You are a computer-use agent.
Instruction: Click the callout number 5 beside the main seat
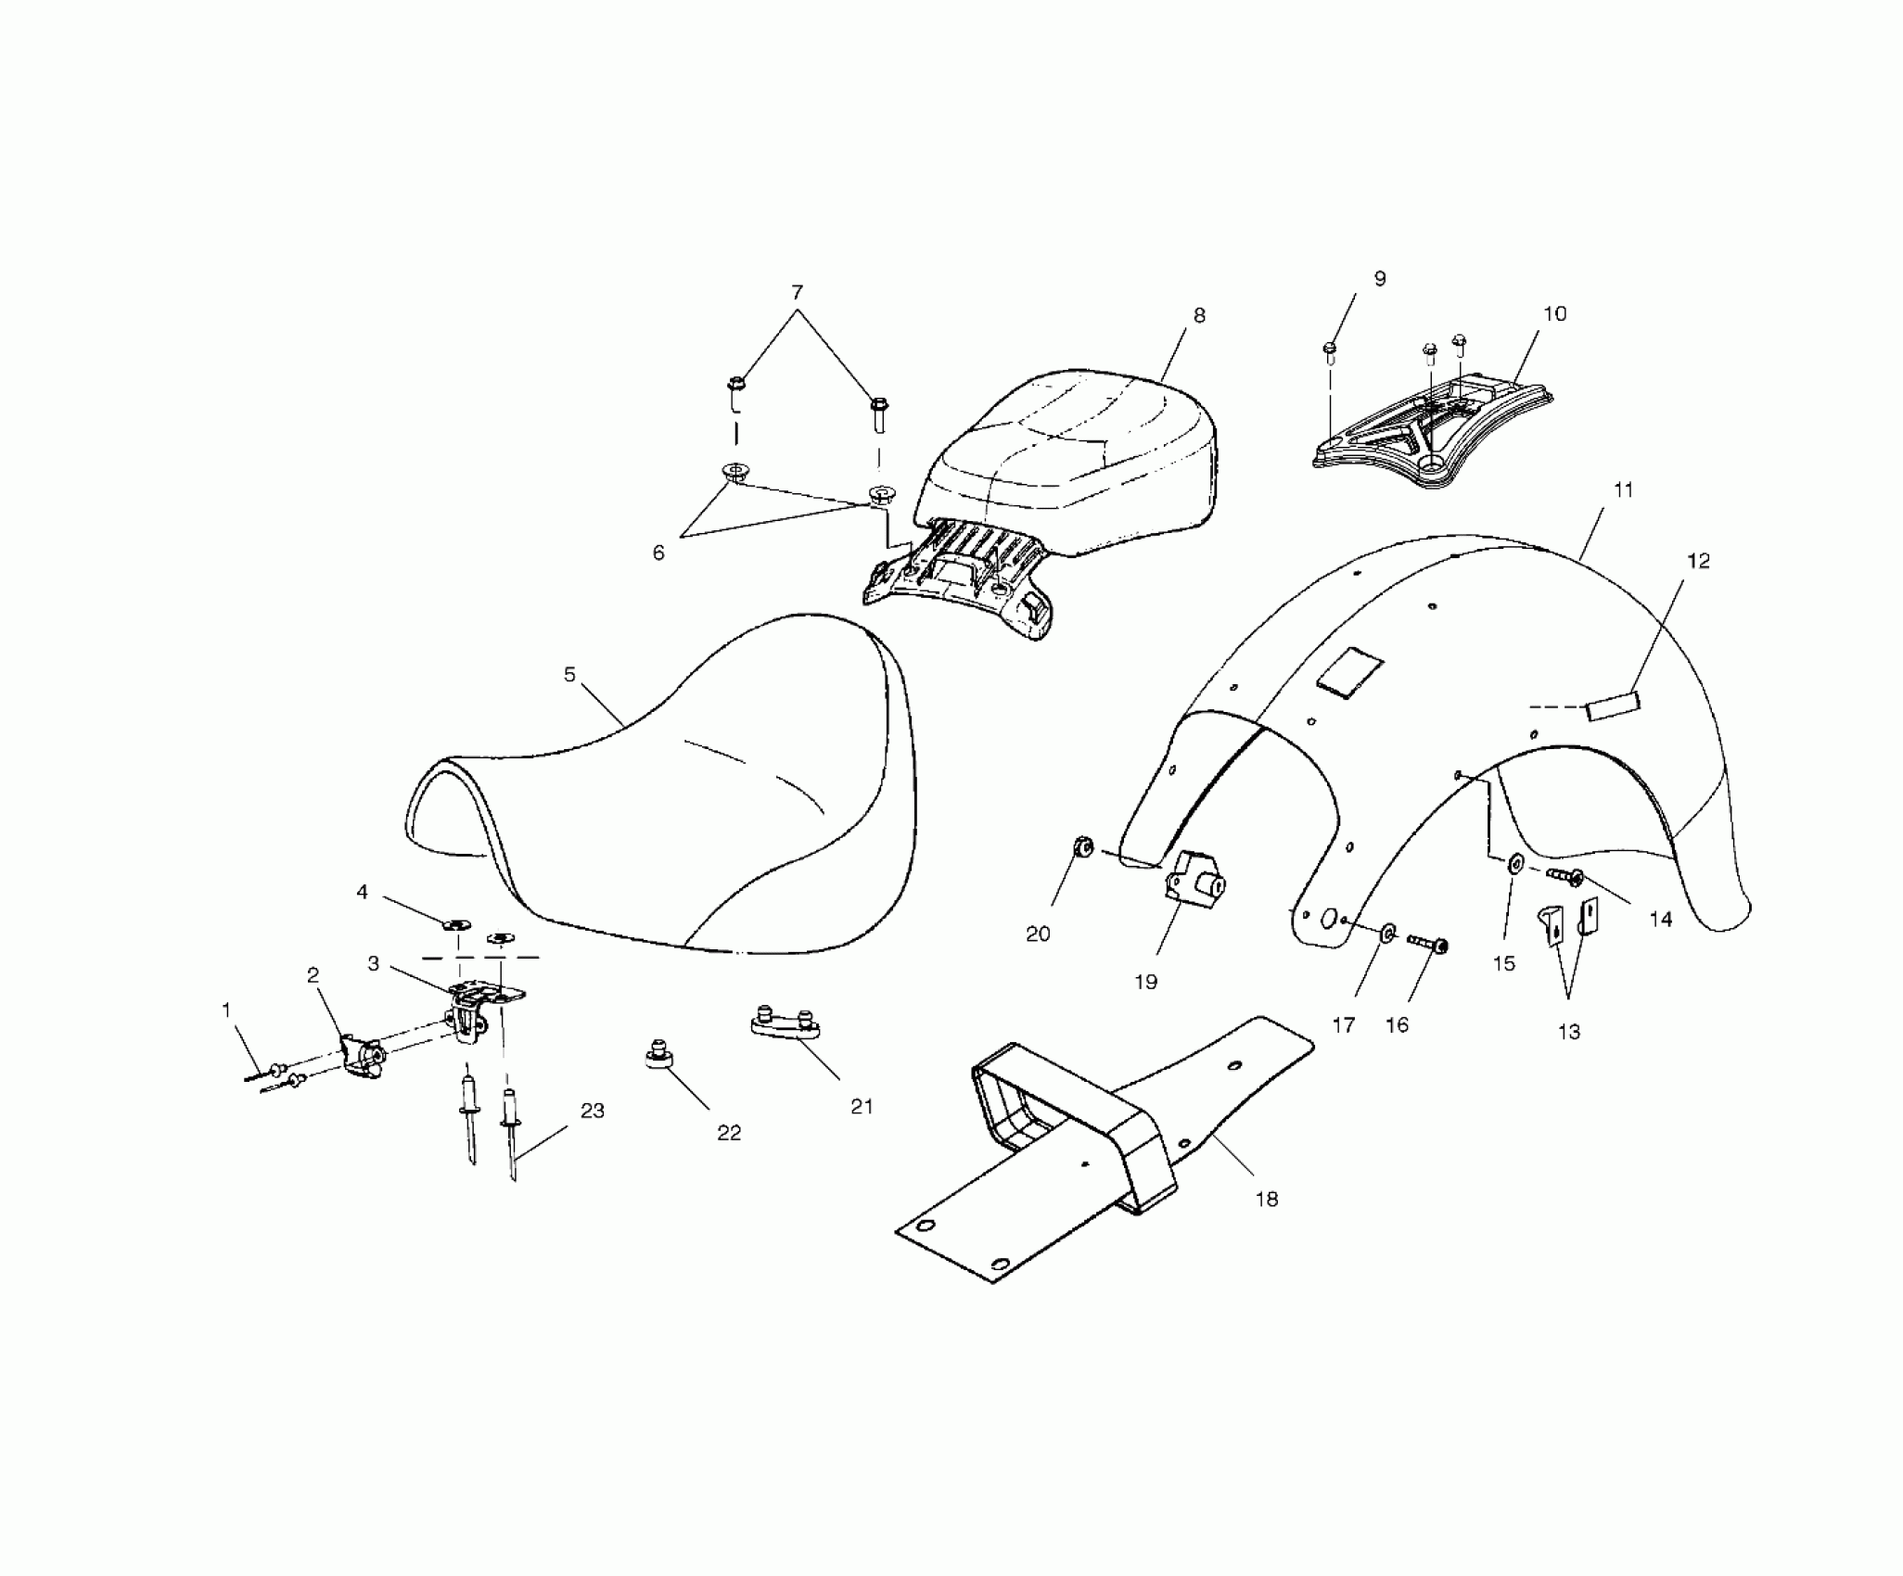tap(569, 675)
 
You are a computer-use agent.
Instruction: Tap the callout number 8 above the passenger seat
tap(1199, 315)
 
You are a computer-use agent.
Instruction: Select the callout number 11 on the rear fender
tap(1623, 490)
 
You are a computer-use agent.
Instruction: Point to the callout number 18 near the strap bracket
tap(1267, 1199)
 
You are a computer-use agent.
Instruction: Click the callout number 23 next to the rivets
tap(593, 1111)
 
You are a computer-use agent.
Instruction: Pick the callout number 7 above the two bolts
tap(797, 293)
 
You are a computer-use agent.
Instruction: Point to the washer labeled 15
tap(1514, 865)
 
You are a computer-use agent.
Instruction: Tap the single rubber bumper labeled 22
tap(659, 1058)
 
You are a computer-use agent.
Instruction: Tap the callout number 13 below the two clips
tap(1568, 1032)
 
